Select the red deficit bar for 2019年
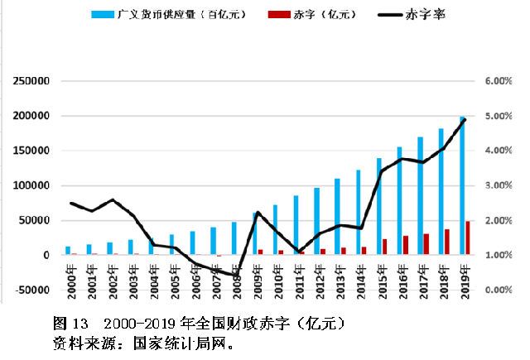point(469,238)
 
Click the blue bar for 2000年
point(68,251)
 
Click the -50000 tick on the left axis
point(31,290)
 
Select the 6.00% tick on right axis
point(499,81)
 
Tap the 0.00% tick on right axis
point(499,290)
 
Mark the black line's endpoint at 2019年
point(465,119)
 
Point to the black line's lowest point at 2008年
point(235,276)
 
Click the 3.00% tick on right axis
point(499,185)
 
